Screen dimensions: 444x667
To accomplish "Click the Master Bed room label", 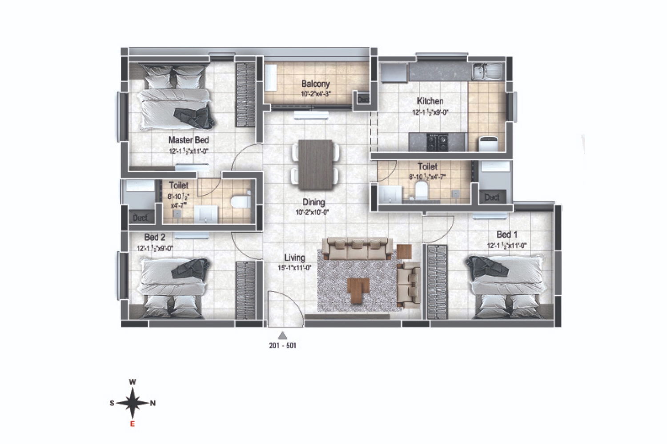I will click(x=188, y=140).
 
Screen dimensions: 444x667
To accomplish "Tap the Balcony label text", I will click(x=315, y=84).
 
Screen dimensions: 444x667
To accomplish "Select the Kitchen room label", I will click(x=430, y=101).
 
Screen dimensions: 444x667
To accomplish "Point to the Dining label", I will click(x=313, y=202).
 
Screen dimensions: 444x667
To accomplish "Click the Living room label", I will click(x=295, y=258).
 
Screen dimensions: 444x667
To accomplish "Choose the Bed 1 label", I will click(x=506, y=234).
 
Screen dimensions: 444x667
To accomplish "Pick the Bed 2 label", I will click(x=154, y=238).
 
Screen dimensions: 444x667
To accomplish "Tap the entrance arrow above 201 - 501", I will click(x=282, y=335).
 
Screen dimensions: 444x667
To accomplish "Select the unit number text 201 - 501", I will click(x=282, y=345).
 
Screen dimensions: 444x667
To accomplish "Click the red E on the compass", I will click(x=132, y=424).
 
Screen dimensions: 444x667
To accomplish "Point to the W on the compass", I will click(x=132, y=382).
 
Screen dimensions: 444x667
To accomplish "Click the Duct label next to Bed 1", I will click(x=492, y=197).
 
